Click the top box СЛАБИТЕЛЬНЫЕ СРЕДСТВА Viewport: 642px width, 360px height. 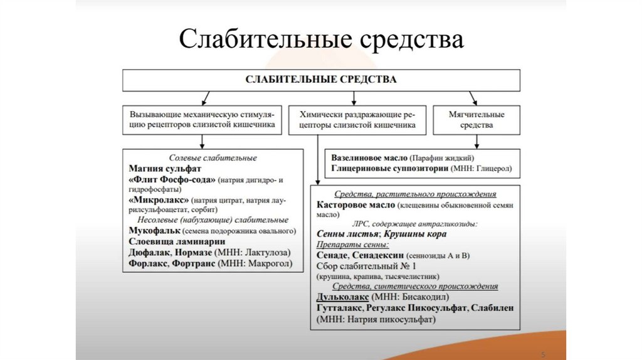coord(320,80)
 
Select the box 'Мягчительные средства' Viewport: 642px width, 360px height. coord(476,120)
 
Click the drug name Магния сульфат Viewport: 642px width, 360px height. coord(167,169)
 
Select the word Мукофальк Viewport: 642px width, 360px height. coord(154,231)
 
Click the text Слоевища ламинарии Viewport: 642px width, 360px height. coord(177,241)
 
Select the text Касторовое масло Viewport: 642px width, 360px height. coord(356,204)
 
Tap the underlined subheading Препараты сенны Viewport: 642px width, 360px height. coord(352,245)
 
